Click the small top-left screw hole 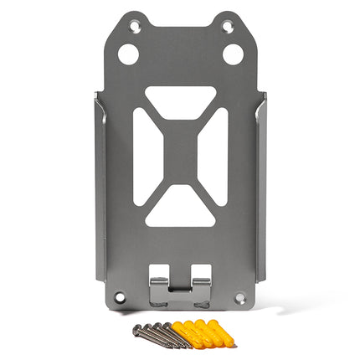(x=134, y=27)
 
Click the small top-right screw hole (x=226, y=27)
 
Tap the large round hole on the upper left (x=127, y=54)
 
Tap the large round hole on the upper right (x=233, y=54)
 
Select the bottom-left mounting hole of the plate (x=120, y=296)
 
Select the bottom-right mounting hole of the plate (x=240, y=296)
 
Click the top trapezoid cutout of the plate (x=180, y=97)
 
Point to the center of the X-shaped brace (x=180, y=156)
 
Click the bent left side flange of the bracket (x=100, y=193)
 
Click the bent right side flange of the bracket (x=260, y=193)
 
